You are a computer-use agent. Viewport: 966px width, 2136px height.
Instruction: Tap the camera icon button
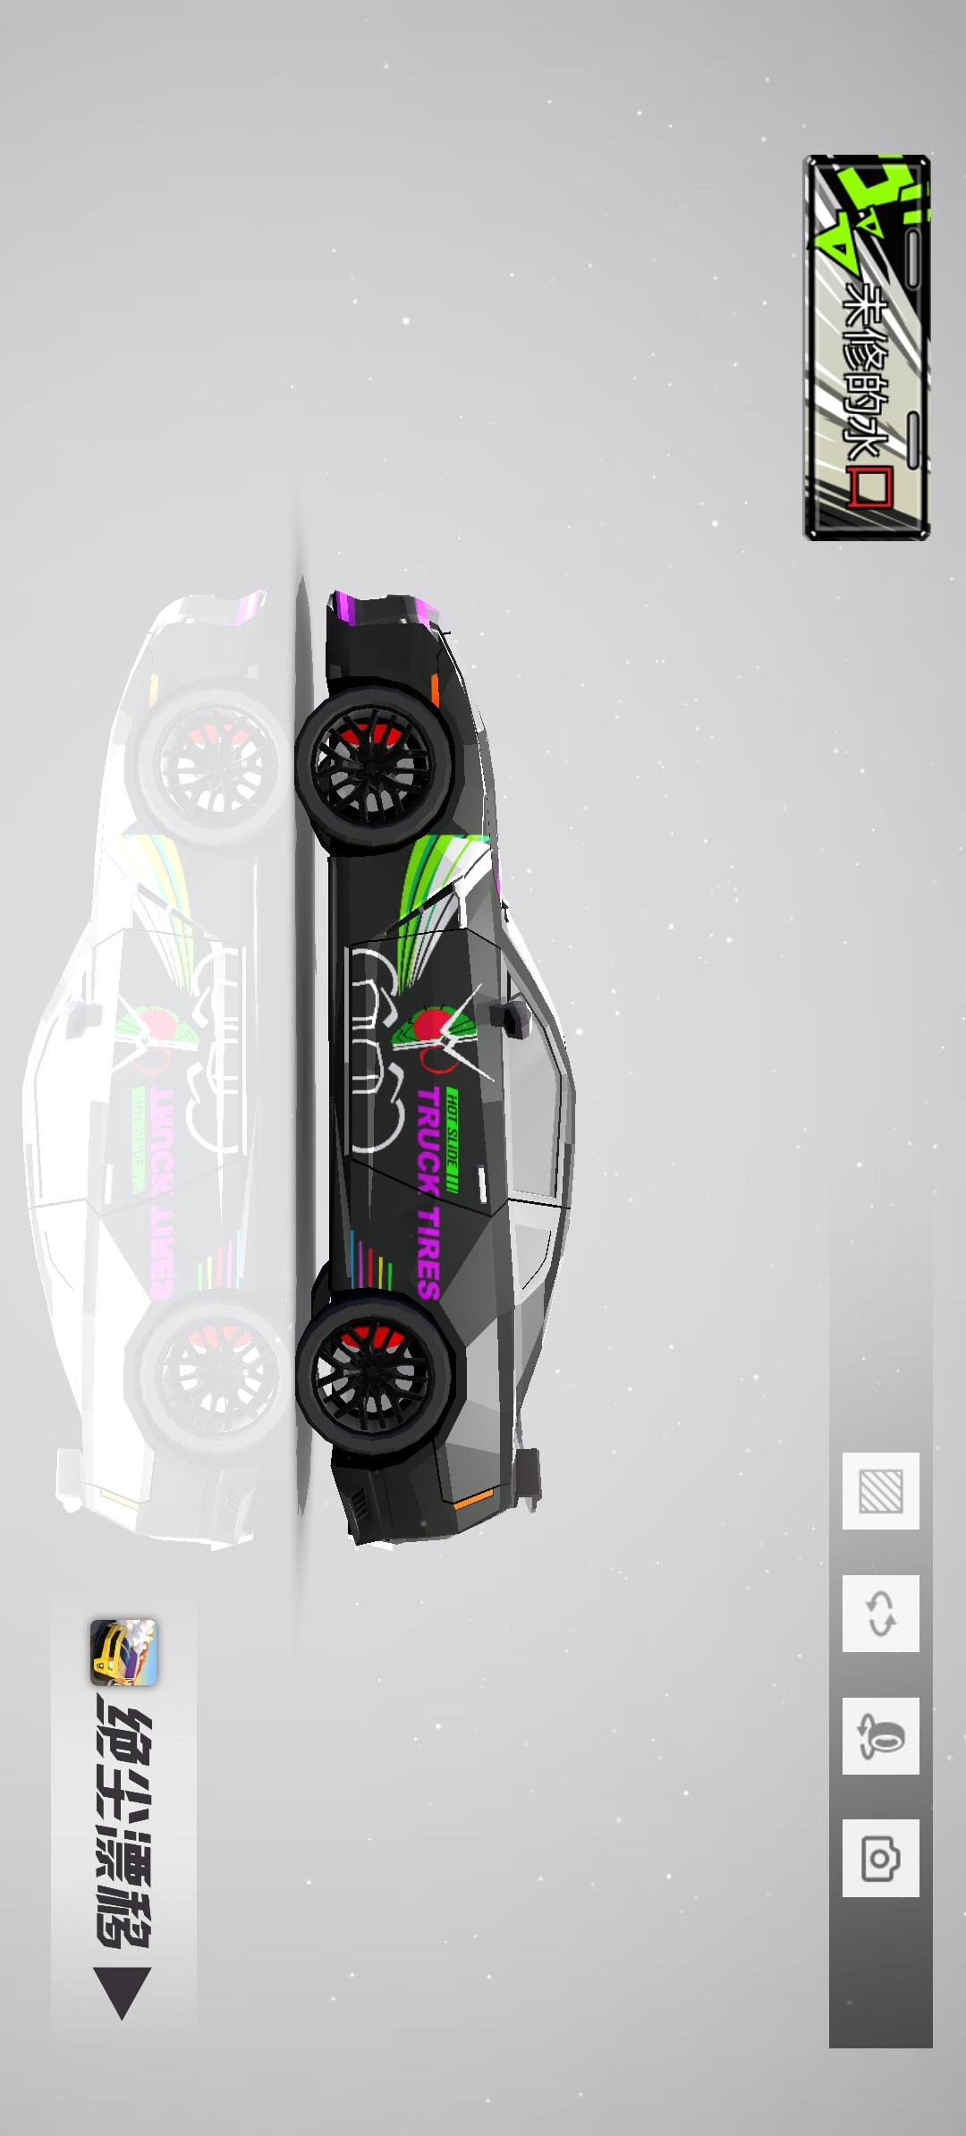(x=880, y=1858)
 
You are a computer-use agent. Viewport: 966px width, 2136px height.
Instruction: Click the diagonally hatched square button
(x=880, y=1491)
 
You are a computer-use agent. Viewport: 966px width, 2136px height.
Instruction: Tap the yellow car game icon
(x=123, y=1652)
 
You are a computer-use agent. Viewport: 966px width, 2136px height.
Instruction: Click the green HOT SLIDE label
(x=453, y=1141)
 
